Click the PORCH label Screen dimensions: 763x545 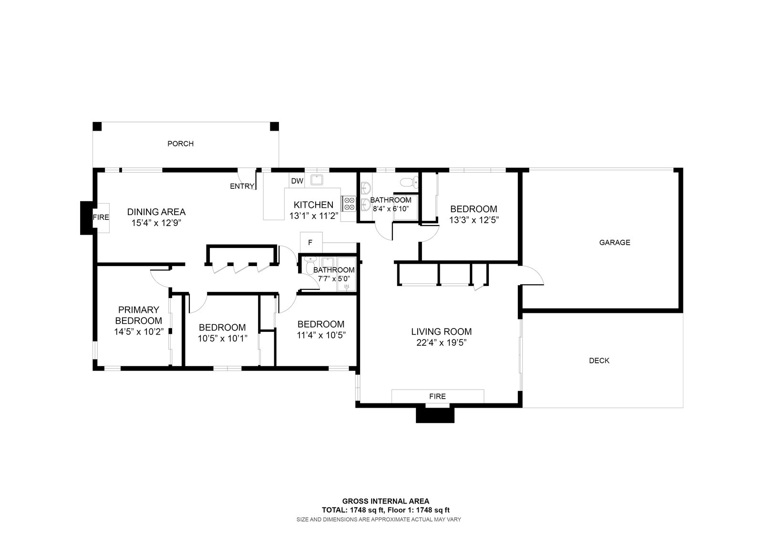click(181, 144)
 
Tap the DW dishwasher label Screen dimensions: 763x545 click(298, 181)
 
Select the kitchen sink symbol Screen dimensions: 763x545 click(317, 179)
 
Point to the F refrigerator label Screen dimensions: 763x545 click(310, 243)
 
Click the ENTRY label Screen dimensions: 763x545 click(242, 186)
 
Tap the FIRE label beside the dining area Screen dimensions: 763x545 click(101, 217)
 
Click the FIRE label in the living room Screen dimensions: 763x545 click(437, 396)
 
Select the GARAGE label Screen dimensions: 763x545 click(615, 243)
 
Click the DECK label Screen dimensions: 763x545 click(599, 360)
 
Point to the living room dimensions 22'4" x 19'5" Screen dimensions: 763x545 click(442, 342)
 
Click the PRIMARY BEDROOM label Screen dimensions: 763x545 click(139, 315)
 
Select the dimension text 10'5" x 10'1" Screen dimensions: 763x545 click(222, 338)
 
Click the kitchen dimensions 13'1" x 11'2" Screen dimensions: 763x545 click(314, 216)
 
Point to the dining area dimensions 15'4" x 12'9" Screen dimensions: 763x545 click(156, 223)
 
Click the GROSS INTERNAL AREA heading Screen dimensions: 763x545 click(386, 501)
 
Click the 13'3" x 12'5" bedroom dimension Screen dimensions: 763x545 click(474, 220)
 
